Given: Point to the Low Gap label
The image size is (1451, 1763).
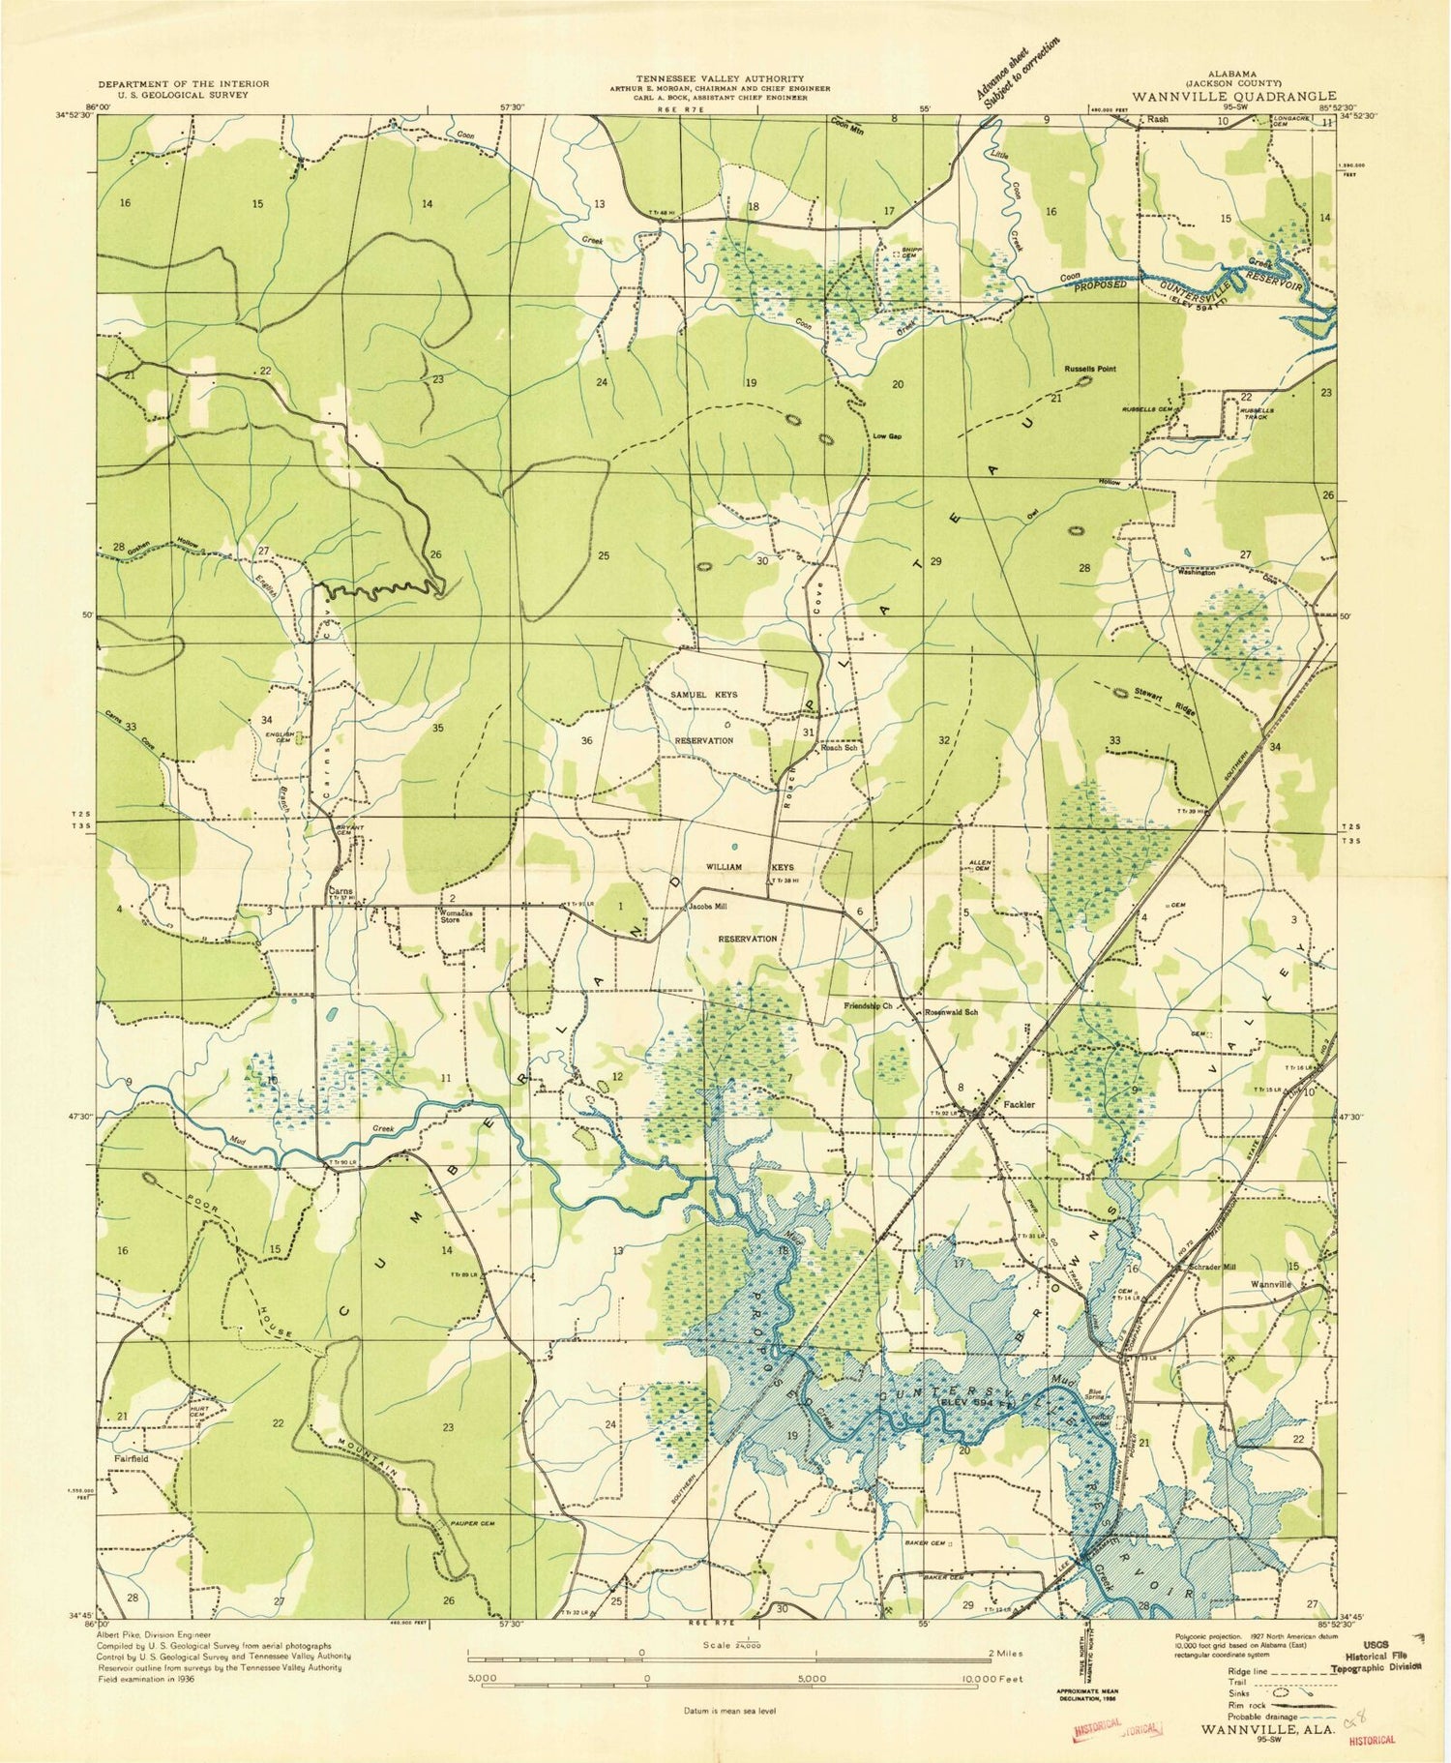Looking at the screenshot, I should (x=887, y=436).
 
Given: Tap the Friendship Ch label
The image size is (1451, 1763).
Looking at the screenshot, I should (x=867, y=1006).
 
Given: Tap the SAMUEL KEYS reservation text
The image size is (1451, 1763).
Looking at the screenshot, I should (x=703, y=695).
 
